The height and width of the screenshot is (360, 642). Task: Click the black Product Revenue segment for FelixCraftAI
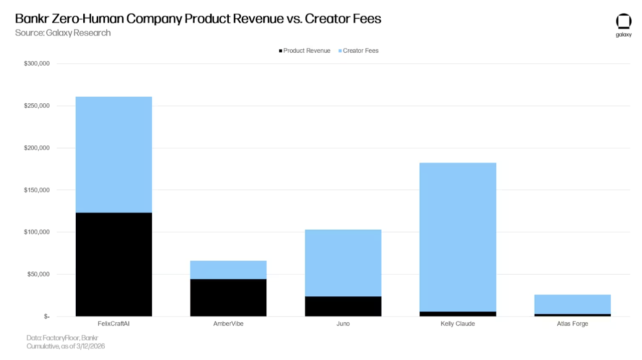tap(114, 264)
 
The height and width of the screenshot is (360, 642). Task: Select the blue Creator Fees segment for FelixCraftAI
tap(114, 154)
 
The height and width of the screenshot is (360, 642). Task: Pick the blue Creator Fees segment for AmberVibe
tap(228, 270)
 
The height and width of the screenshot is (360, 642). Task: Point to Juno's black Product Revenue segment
tap(343, 306)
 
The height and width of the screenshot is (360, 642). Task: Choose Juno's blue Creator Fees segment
tap(343, 263)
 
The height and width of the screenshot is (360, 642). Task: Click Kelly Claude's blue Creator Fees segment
tap(457, 237)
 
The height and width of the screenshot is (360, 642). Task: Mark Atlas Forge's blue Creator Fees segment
tap(572, 304)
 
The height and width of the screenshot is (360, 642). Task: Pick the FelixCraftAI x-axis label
tap(114, 324)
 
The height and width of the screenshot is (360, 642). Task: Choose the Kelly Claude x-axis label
tap(457, 324)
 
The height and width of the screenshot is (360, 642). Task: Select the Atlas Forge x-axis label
tap(572, 324)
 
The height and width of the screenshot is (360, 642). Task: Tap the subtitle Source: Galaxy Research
tap(63, 33)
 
